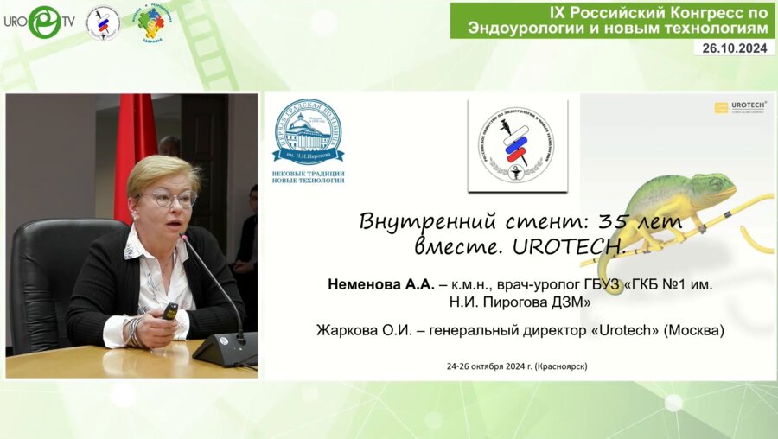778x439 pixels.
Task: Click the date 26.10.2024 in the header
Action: click(734, 48)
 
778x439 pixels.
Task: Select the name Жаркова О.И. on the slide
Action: click(359, 329)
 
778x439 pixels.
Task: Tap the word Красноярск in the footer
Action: click(561, 366)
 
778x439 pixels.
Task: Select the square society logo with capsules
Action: click(517, 144)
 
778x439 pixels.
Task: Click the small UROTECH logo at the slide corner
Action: click(741, 107)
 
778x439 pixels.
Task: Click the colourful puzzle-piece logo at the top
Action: click(150, 22)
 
